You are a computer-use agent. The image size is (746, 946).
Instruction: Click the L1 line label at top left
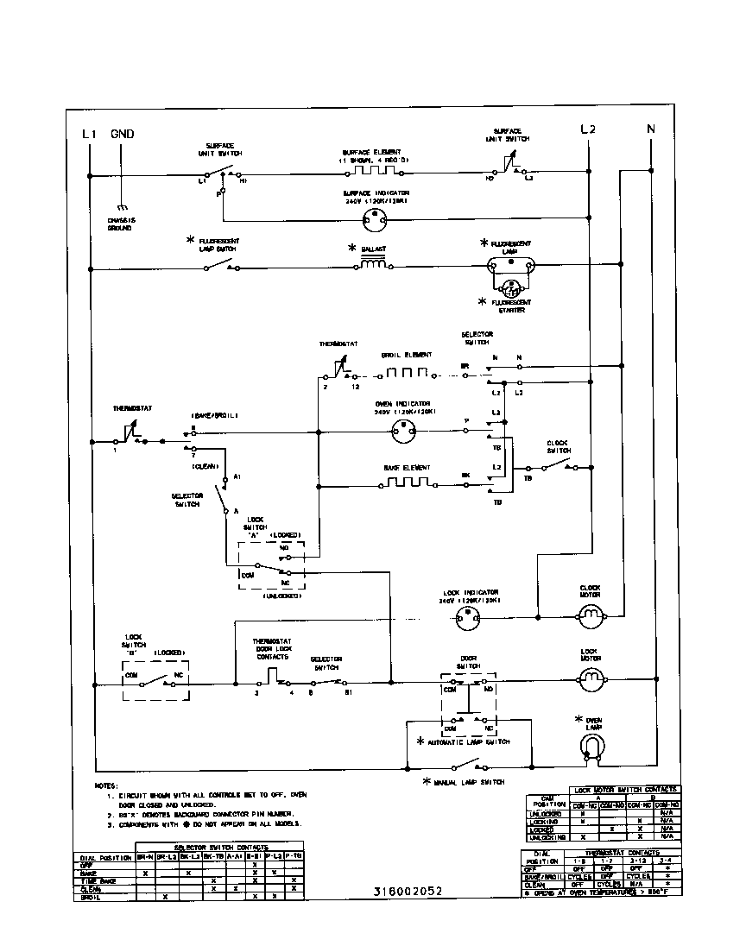pyautogui.click(x=88, y=134)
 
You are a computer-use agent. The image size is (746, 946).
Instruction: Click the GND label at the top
pyautogui.click(x=122, y=134)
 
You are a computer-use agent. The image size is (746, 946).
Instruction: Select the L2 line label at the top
pyautogui.click(x=587, y=129)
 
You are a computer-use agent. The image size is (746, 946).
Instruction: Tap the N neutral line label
pyautogui.click(x=650, y=129)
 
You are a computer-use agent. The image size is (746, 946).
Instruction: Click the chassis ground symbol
pyautogui.click(x=122, y=208)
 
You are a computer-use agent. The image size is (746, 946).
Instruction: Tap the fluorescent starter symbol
pyautogui.click(x=512, y=287)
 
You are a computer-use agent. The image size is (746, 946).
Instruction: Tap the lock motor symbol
pyautogui.click(x=591, y=682)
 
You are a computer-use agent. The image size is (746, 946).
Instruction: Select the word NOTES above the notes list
pyautogui.click(x=105, y=785)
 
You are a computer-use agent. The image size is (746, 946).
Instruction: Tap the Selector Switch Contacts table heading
pyautogui.click(x=221, y=848)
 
